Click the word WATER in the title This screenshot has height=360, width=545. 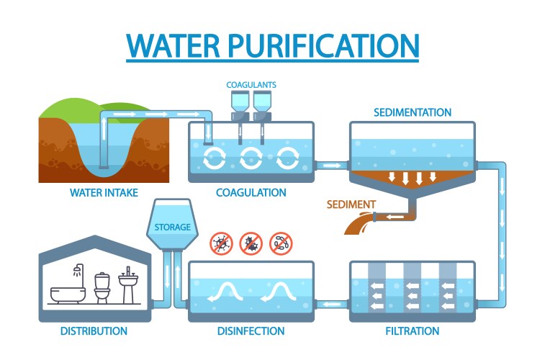coord(171,45)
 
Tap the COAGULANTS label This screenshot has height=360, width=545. coord(251,85)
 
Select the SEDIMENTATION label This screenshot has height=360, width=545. coord(413,113)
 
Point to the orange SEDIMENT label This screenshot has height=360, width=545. coord(351,204)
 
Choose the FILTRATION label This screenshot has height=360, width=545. coord(412,331)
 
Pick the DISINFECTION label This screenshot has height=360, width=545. coord(251,331)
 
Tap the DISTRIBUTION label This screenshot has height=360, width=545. coord(94,331)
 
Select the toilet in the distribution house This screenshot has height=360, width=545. coord(102,288)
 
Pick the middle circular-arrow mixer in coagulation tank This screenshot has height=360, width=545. coord(251,158)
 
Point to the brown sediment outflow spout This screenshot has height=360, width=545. coord(359,224)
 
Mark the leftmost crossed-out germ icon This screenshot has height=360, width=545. coord(220,243)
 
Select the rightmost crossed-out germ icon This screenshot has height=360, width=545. coord(281,243)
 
